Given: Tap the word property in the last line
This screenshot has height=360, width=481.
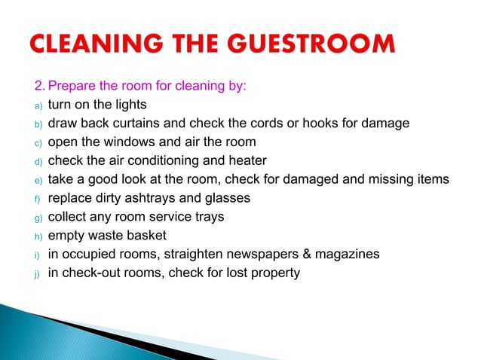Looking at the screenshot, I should [275, 273].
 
